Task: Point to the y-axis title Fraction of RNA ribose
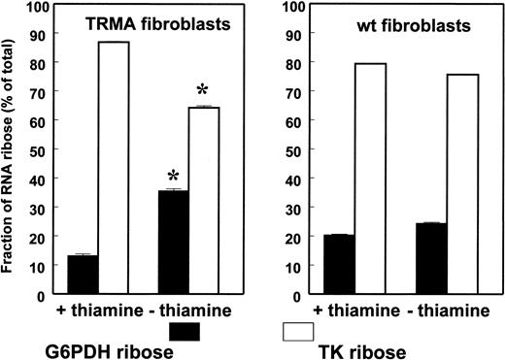click(12, 155)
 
